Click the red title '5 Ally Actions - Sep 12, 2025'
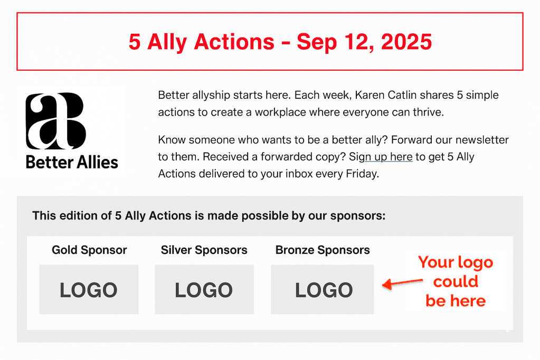[x=280, y=42]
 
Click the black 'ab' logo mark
[x=55, y=121]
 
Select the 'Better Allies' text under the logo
[x=72, y=162]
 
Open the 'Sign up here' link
[x=381, y=157]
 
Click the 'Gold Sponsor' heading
[x=89, y=250]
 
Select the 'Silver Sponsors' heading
[x=204, y=250]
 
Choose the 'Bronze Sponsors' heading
[x=323, y=250]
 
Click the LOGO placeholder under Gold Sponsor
[x=89, y=290]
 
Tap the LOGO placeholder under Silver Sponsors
[x=204, y=290]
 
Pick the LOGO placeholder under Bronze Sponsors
[x=323, y=290]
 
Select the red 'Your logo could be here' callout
[x=456, y=281]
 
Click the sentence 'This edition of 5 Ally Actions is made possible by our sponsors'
[x=209, y=215]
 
